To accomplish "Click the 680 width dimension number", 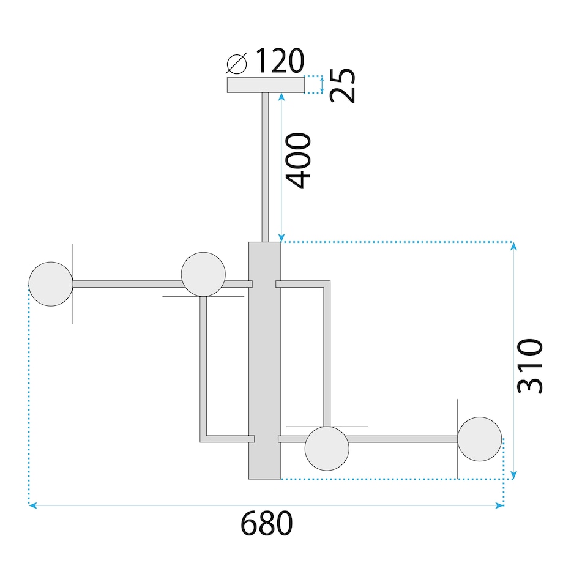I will click(x=266, y=524).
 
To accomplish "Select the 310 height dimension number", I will click(x=530, y=365).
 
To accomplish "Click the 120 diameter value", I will click(x=278, y=61).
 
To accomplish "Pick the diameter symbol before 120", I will click(x=236, y=62).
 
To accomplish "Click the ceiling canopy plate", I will click(x=266, y=85).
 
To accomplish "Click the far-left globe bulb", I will click(x=51, y=284).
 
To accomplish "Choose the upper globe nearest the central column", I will click(x=203, y=274).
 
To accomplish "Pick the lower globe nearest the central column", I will click(x=327, y=449).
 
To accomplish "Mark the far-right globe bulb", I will click(x=480, y=439).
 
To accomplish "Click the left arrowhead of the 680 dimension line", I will click(x=32, y=506).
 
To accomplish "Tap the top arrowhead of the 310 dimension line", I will click(x=514, y=246).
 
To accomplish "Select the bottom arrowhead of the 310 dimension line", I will click(x=514, y=475).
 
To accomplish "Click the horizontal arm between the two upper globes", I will click(x=127, y=284).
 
